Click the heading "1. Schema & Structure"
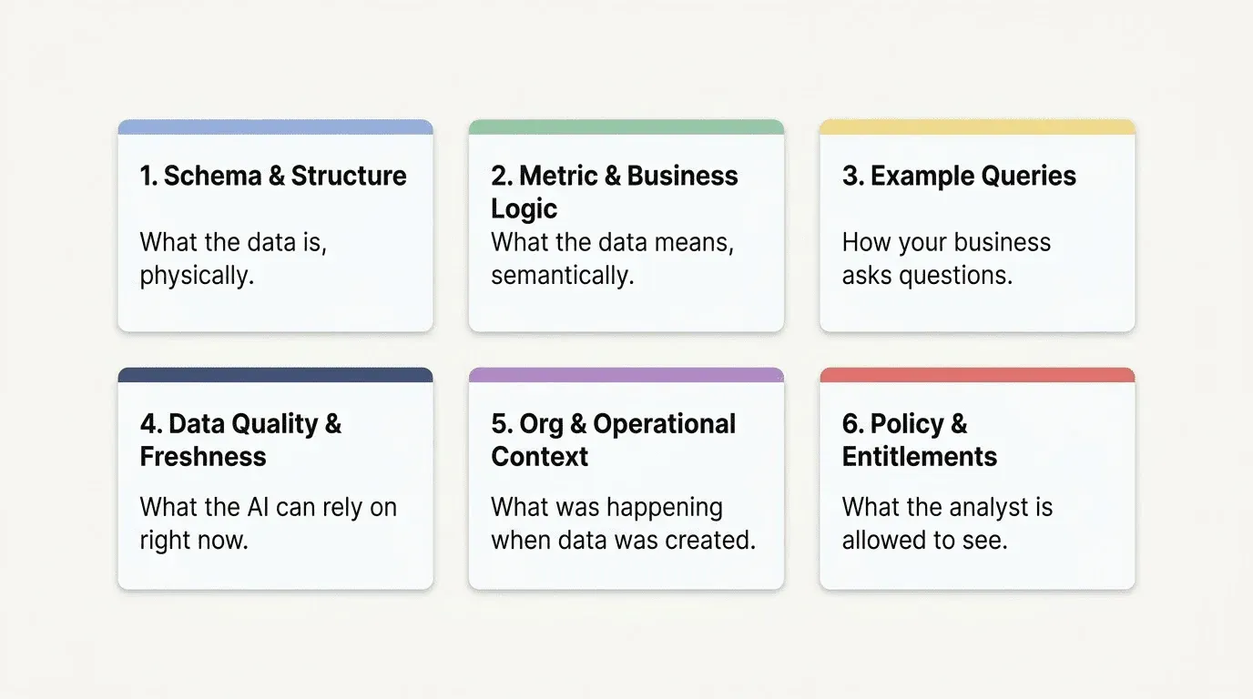pos(273,176)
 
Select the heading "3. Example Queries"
pos(959,176)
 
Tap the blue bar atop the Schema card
pos(275,127)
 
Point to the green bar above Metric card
pos(626,127)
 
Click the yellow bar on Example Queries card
pos(977,127)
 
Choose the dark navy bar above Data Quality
pos(275,375)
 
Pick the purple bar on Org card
pos(626,375)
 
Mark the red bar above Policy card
pos(977,375)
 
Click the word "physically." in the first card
pos(197,276)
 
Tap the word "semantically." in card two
pos(562,276)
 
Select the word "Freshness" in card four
pos(203,456)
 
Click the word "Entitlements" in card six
pos(919,456)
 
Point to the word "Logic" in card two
pos(524,208)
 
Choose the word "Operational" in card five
pos(664,424)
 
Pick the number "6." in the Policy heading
pos(852,424)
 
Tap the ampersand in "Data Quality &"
pos(333,424)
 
